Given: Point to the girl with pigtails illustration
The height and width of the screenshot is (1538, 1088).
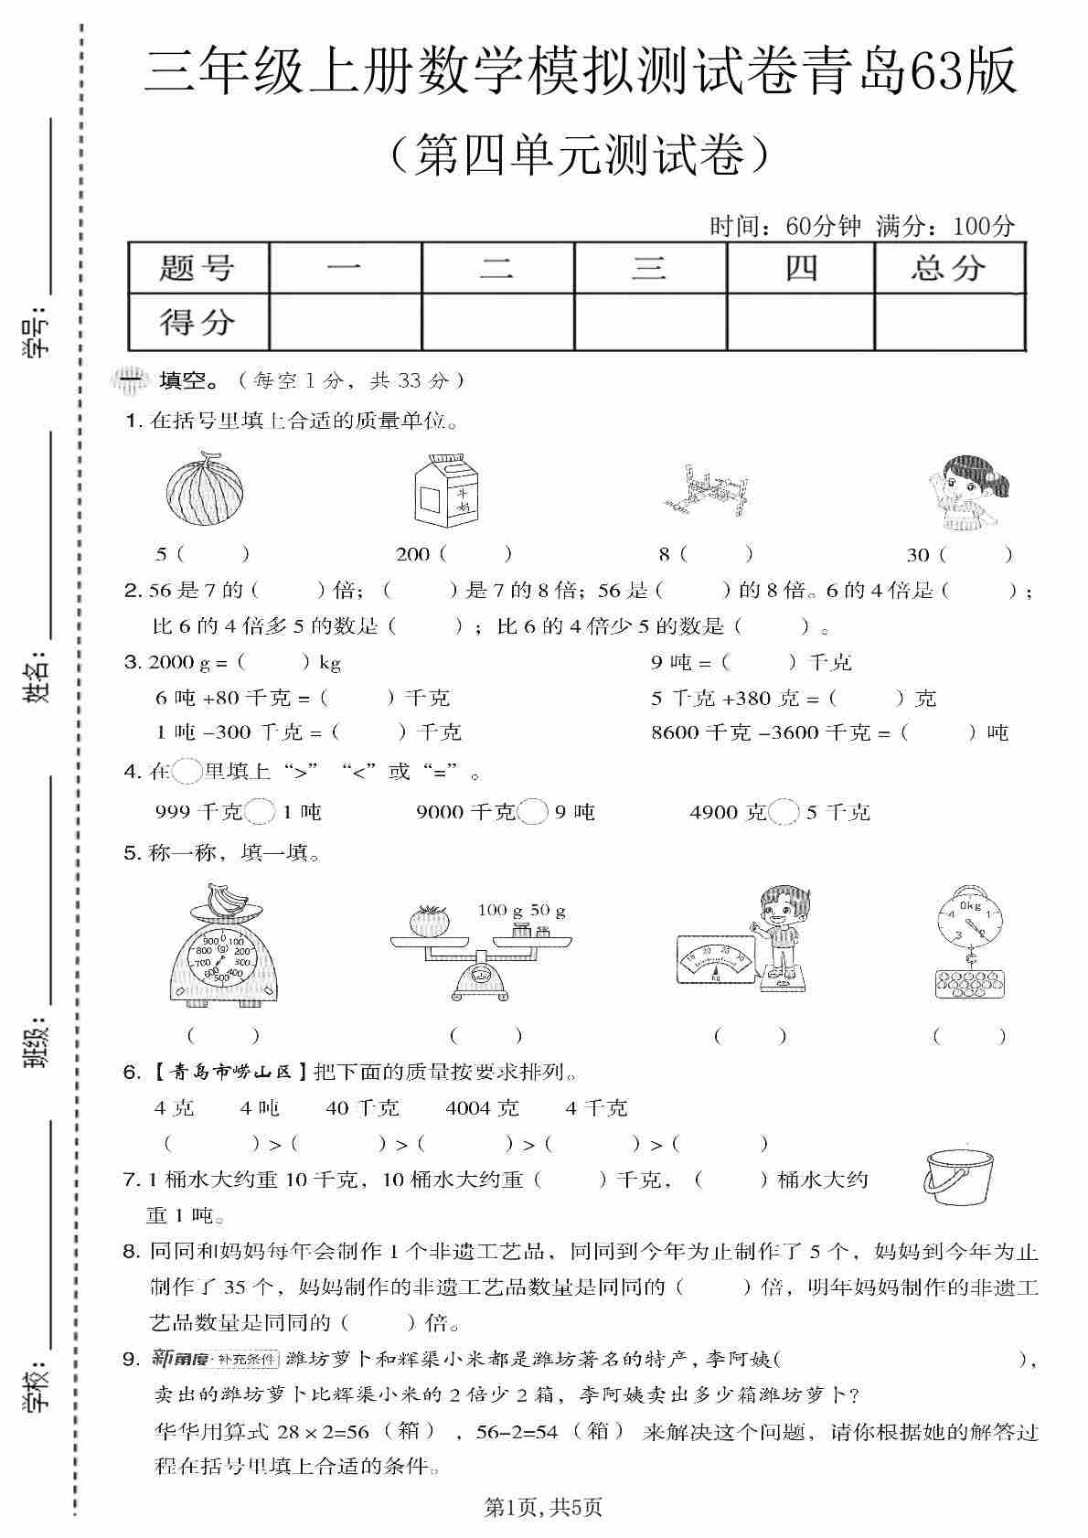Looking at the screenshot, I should point(962,494).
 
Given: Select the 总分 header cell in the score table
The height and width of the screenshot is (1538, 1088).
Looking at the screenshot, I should point(949,268).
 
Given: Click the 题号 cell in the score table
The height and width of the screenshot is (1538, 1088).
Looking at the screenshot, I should point(197,268).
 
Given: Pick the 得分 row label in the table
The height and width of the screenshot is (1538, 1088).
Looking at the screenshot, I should point(197,322).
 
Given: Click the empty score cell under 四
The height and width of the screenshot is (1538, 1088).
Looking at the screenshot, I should point(800,322).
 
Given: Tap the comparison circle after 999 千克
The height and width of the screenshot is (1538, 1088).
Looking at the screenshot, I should point(261,812).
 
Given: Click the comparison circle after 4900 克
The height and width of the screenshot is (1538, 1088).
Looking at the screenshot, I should point(784,812).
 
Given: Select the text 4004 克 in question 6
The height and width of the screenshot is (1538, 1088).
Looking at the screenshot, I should point(482,1108).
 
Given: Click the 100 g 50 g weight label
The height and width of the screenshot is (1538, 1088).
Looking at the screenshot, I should point(521,910).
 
